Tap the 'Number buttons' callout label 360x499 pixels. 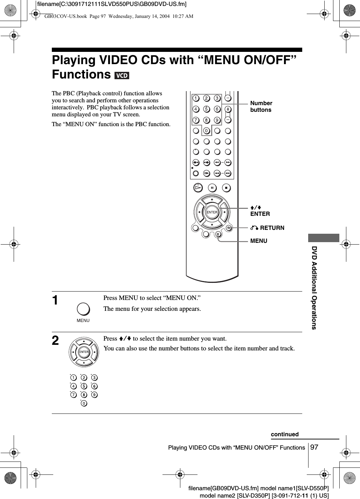(x=261, y=107)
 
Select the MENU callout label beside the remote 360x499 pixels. (x=258, y=241)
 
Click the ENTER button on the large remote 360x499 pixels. (x=212, y=212)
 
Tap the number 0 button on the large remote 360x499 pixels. (x=207, y=131)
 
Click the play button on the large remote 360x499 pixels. (x=198, y=187)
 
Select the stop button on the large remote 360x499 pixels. (x=226, y=188)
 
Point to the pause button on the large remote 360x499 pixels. (x=212, y=188)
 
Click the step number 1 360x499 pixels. (x=55, y=301)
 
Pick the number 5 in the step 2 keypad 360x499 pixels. (x=84, y=387)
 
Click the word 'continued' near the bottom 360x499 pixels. (x=284, y=435)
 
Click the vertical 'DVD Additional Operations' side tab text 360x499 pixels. (x=314, y=287)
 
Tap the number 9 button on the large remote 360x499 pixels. (x=217, y=121)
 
